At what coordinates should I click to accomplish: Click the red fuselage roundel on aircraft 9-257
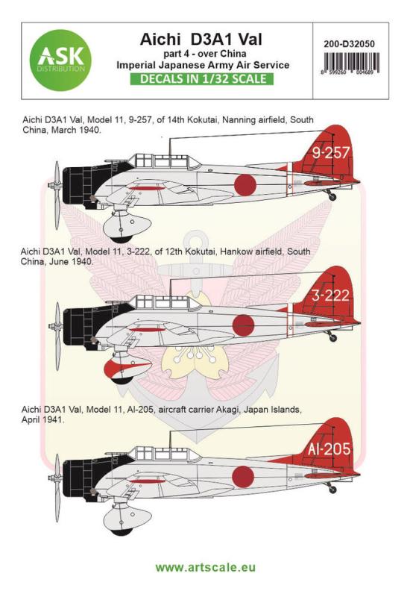[245, 182]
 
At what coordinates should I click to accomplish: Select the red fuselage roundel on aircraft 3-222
[245, 322]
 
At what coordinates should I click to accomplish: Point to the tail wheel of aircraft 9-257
[332, 196]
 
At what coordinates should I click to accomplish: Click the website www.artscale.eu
[206, 570]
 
